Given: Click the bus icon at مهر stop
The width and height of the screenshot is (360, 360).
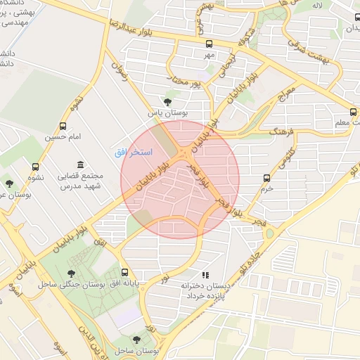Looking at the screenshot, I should click(x=208, y=43).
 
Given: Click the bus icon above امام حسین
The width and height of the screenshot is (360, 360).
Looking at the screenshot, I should click(x=64, y=127).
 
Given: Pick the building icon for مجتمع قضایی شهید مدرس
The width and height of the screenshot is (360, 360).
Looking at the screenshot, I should click(x=78, y=164).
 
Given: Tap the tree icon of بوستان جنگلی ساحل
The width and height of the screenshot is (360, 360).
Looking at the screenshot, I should click(x=70, y=273).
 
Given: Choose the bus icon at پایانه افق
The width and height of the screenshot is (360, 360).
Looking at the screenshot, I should click(x=125, y=272).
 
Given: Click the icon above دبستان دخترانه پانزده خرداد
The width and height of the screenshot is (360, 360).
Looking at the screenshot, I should click(x=205, y=275).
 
